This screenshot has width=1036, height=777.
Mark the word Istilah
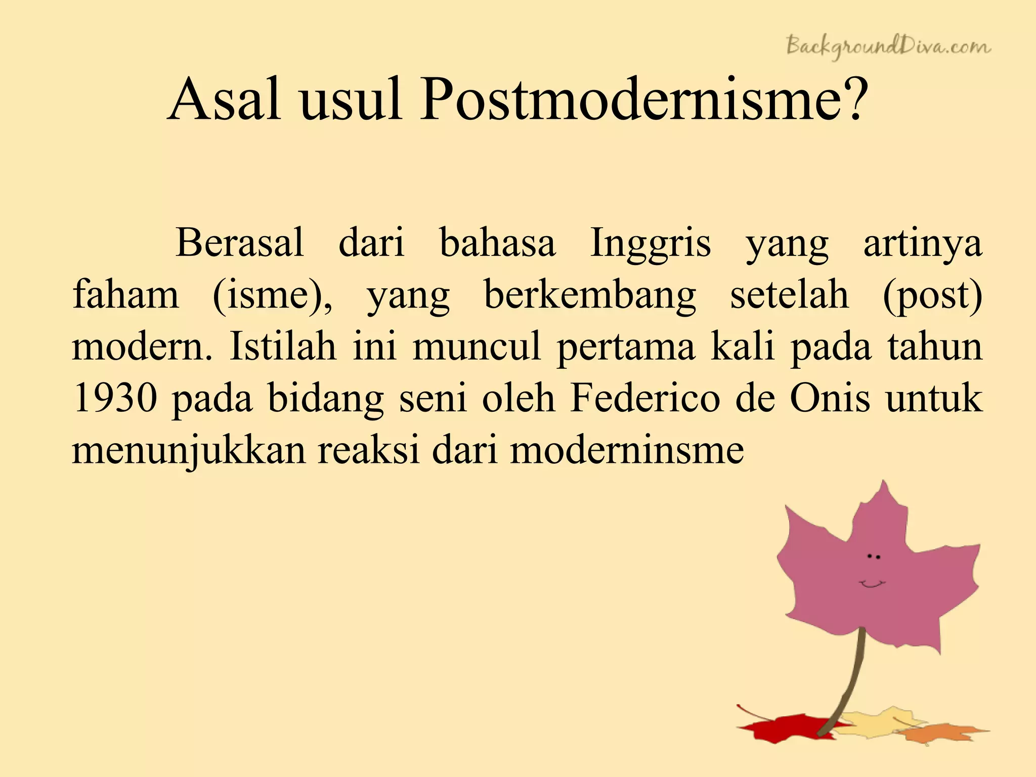(x=283, y=347)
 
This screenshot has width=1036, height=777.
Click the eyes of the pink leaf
(x=874, y=556)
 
